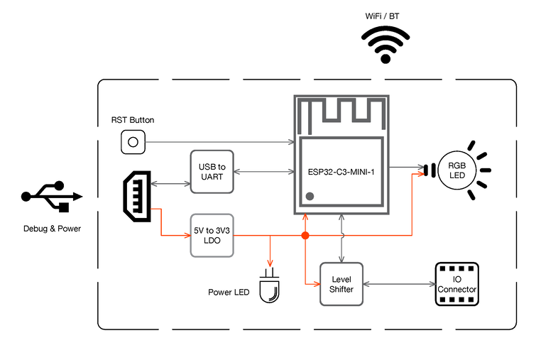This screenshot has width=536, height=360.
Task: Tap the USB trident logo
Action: coord(51,196)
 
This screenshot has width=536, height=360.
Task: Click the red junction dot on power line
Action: coord(305,236)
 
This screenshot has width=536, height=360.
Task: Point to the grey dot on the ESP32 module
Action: coord(310,196)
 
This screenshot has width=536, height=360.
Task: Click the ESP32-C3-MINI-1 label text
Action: coord(341,172)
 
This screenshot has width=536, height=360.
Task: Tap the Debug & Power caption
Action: coord(52,229)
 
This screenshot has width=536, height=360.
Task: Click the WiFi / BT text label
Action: coord(382,16)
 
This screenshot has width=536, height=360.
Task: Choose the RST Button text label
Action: coord(133,120)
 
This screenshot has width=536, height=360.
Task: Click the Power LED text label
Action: coord(229,293)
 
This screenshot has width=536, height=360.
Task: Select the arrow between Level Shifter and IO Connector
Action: coord(399,284)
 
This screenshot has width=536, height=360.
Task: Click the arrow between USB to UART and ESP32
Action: coord(264,172)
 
